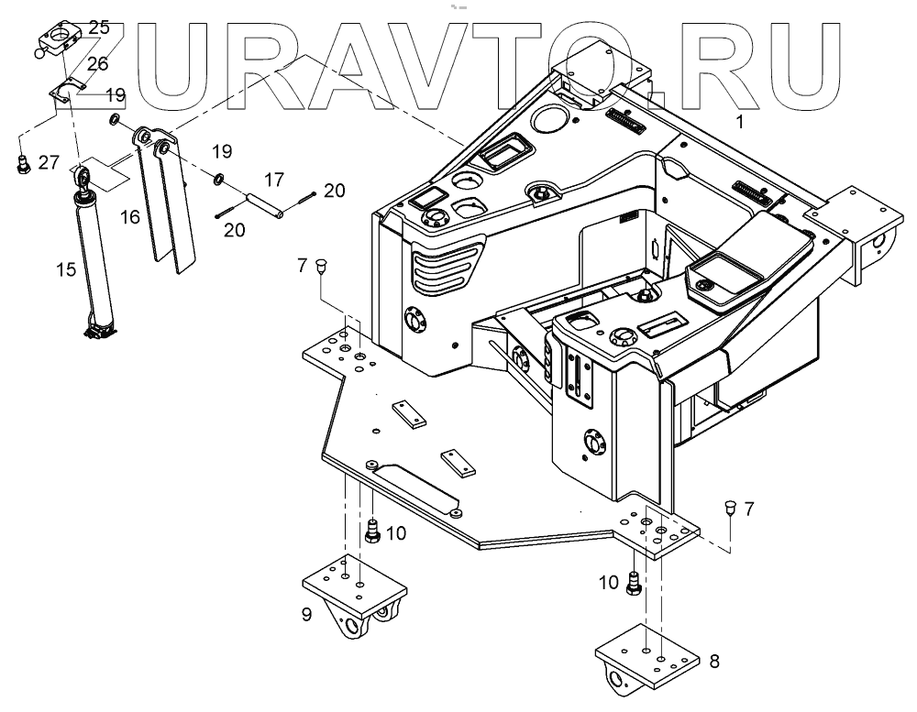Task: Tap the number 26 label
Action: tap(96, 63)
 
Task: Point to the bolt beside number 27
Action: tap(24, 166)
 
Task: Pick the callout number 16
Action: tap(130, 216)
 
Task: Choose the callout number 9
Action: tap(307, 613)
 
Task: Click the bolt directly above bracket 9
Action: tap(373, 531)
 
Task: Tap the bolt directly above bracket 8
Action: tap(632, 583)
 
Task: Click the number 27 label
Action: tap(50, 162)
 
